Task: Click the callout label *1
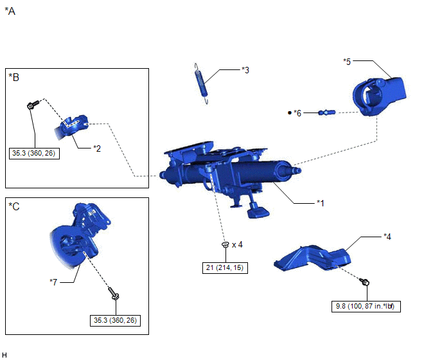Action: click(x=321, y=203)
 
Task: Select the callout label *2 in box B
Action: click(x=97, y=148)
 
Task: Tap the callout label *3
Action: click(x=245, y=70)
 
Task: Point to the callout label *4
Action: click(x=387, y=237)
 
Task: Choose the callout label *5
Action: click(x=347, y=62)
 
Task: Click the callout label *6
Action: click(x=297, y=113)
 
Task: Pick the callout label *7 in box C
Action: click(x=53, y=282)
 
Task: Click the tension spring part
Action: click(x=201, y=84)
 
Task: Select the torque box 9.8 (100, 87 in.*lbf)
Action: click(x=366, y=306)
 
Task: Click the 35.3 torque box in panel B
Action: click(x=34, y=154)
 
